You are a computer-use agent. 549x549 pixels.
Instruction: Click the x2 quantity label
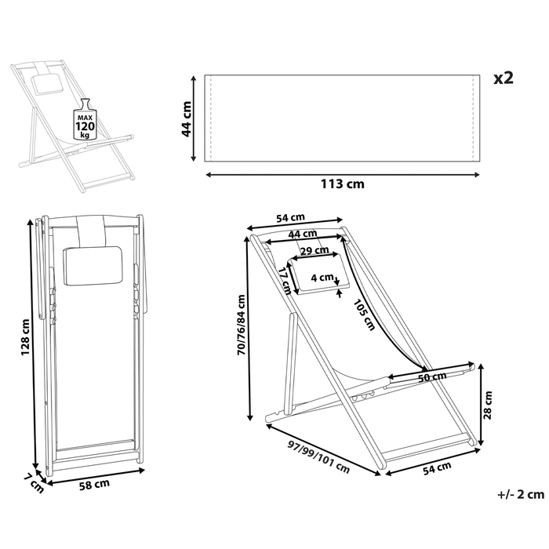503,78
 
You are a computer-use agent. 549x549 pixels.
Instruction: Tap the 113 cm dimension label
343,184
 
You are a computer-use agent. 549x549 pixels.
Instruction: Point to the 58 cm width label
94,485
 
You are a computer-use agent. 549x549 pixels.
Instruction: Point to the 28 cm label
487,407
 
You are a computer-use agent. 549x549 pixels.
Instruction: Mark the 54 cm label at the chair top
291,218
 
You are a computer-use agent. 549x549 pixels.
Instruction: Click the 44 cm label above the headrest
302,234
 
